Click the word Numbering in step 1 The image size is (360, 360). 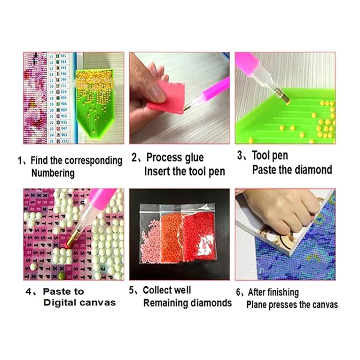coord(53,173)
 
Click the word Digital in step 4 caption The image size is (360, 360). coord(59,303)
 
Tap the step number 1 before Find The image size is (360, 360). coord(20,161)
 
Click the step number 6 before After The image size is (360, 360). coord(238,292)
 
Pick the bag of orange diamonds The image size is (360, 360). coord(171,237)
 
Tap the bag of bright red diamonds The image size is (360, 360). coord(199,237)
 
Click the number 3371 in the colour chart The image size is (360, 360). coord(65,141)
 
